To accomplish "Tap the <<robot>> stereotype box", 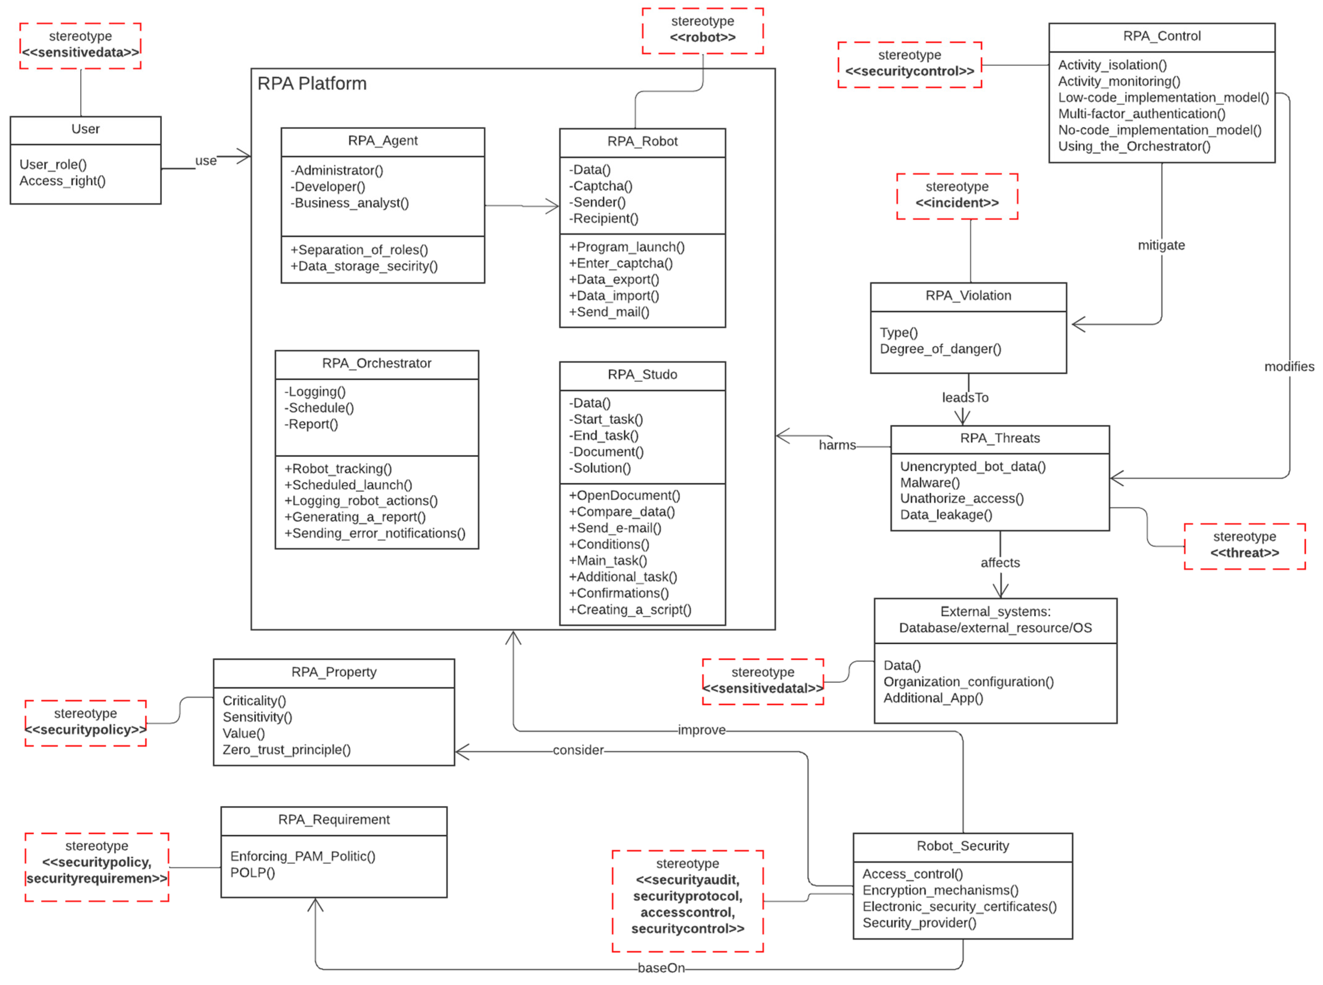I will click(x=702, y=30).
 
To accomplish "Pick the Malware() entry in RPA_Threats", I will click(x=929, y=482).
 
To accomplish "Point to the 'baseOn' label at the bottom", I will click(x=661, y=968).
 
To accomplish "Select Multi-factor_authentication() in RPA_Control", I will click(x=1141, y=114).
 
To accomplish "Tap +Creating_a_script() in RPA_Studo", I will click(x=629, y=609).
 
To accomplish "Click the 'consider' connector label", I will click(x=578, y=750).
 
